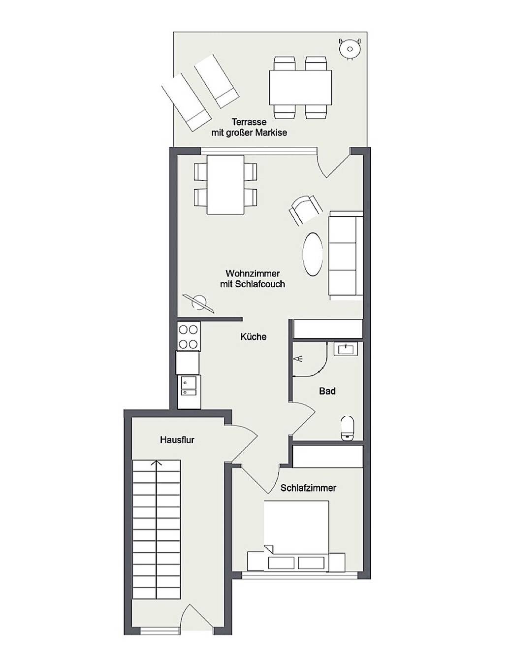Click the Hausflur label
pyautogui.click(x=177, y=440)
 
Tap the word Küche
pyautogui.click(x=253, y=337)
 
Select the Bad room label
pyautogui.click(x=327, y=391)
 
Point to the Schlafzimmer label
pyautogui.click(x=308, y=488)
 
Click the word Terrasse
pyautogui.click(x=249, y=122)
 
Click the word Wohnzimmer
pyautogui.click(x=253, y=273)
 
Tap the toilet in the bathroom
pyautogui.click(x=348, y=428)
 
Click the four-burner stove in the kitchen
pyautogui.click(x=189, y=336)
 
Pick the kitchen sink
pyautogui.click(x=189, y=387)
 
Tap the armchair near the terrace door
pyautogui.click(x=306, y=210)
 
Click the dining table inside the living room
pyautogui.click(x=225, y=184)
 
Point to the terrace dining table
pyautogui.click(x=300, y=88)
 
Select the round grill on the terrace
pyautogui.click(x=350, y=48)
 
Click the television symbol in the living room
pyautogui.click(x=198, y=303)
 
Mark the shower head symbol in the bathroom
pyautogui.click(x=299, y=358)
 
